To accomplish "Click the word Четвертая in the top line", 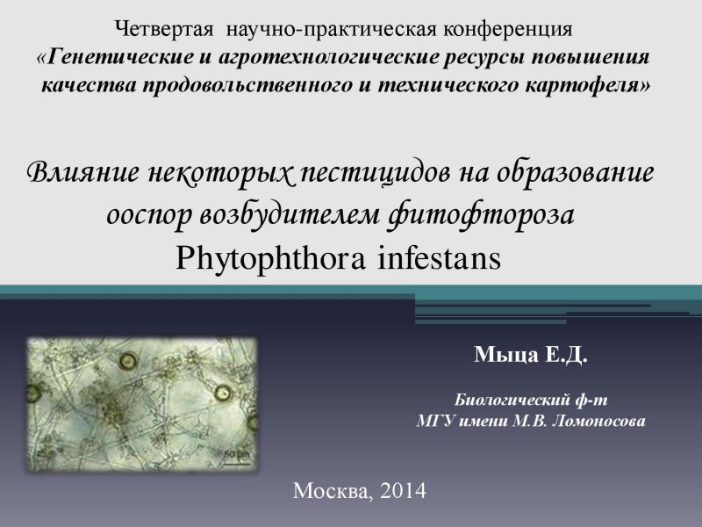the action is [164, 29].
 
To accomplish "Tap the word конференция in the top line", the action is [508, 30].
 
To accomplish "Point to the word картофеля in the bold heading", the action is [587, 85].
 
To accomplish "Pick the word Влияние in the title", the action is [82, 172].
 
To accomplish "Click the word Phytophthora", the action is [270, 259].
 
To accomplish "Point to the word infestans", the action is [440, 258].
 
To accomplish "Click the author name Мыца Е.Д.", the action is [531, 355].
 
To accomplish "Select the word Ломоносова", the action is [598, 422].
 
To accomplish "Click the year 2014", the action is [403, 491].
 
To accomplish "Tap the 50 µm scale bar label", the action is [236, 454].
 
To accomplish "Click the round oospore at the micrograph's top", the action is [128, 360].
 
